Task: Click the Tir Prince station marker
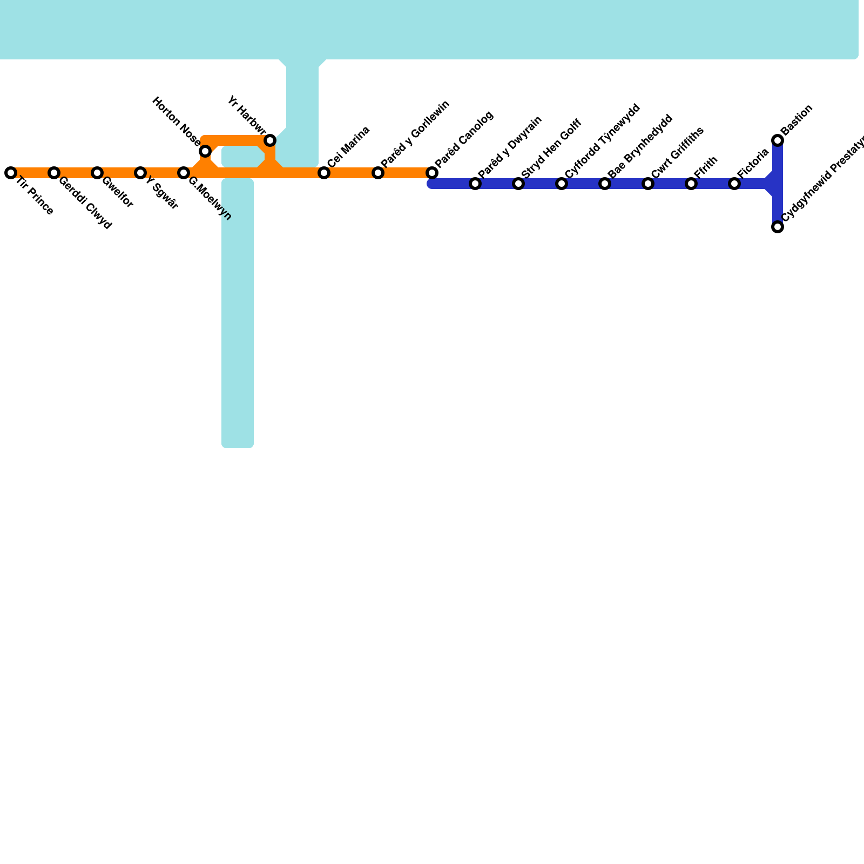tap(11, 173)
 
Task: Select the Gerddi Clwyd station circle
tap(54, 173)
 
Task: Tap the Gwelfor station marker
tap(97, 173)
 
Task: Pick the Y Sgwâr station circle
tap(140, 173)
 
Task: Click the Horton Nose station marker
tap(205, 151)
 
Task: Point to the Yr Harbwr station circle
tap(270, 140)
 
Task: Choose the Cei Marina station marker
tap(324, 173)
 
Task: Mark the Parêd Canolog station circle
tap(432, 173)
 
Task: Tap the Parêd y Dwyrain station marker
tap(475, 184)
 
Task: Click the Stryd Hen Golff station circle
tap(518, 184)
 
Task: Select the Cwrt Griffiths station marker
tap(648, 184)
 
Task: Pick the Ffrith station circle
tap(691, 184)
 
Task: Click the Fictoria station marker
tap(734, 184)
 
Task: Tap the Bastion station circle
tap(778, 140)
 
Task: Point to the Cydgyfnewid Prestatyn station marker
tap(778, 227)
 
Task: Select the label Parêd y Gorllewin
tap(415, 133)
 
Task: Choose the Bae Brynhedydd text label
tap(640, 146)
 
